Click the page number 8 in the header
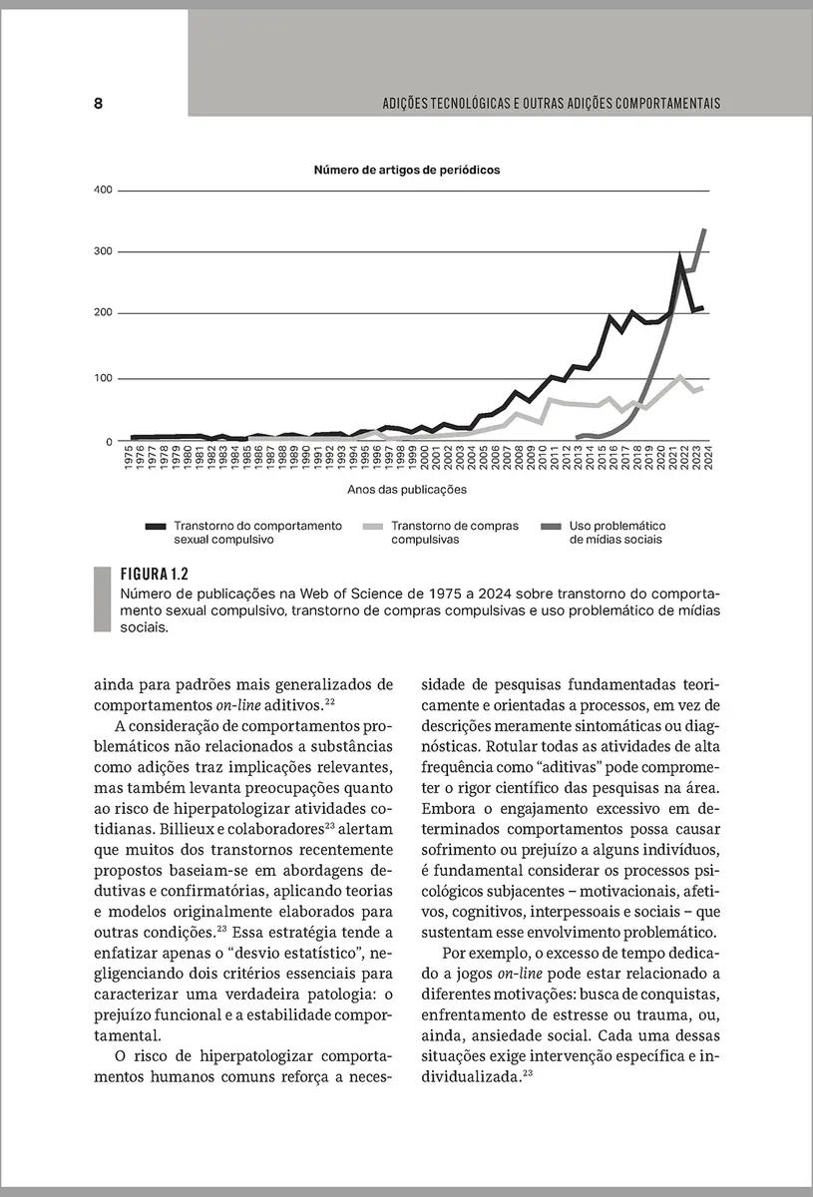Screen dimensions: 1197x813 pos(99,104)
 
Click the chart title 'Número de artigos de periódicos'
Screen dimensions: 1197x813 pos(407,170)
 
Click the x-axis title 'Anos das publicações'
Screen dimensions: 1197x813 pos(407,490)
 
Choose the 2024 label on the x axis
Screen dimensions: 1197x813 pos(707,459)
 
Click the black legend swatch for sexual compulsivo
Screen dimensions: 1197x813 pos(156,526)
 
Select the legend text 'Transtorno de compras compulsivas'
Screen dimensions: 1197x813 pos(454,532)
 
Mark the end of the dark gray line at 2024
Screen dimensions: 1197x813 pos(705,230)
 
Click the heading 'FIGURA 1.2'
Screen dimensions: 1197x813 pos(154,575)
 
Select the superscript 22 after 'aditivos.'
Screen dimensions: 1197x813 pos(342,700)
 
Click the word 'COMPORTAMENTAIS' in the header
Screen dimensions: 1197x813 pos(668,104)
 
